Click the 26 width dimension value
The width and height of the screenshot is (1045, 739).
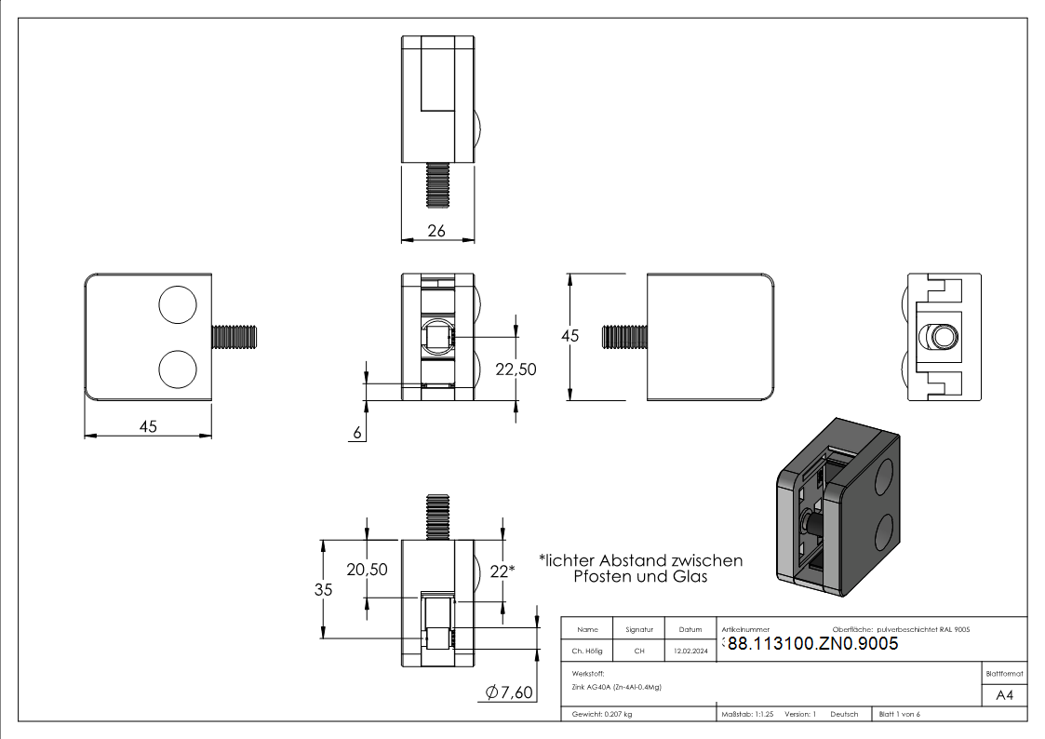pyautogui.click(x=436, y=231)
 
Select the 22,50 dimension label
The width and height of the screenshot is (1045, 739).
pyautogui.click(x=516, y=369)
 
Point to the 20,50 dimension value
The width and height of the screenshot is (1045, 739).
pyautogui.click(x=367, y=570)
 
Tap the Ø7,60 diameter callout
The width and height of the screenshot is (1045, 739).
pyautogui.click(x=509, y=692)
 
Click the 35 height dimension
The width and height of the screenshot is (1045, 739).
pyautogui.click(x=323, y=590)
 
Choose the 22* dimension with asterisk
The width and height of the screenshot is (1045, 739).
pyautogui.click(x=502, y=571)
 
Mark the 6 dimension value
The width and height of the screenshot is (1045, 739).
pyautogui.click(x=357, y=433)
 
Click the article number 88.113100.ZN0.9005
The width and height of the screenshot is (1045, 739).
pyautogui.click(x=813, y=644)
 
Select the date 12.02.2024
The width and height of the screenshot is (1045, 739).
pyautogui.click(x=690, y=651)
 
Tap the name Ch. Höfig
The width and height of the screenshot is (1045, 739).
pyautogui.click(x=587, y=651)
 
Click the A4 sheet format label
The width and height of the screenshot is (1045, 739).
pyautogui.click(x=1004, y=695)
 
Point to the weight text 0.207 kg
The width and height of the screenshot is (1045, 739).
pyautogui.click(x=618, y=715)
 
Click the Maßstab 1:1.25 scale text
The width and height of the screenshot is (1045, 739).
pyautogui.click(x=748, y=715)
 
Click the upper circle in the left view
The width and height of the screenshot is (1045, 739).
pyautogui.click(x=178, y=304)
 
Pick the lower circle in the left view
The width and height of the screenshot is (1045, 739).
pyautogui.click(x=178, y=369)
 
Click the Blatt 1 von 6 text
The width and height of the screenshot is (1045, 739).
pyautogui.click(x=900, y=715)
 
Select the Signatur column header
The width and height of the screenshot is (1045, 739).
pyautogui.click(x=639, y=630)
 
